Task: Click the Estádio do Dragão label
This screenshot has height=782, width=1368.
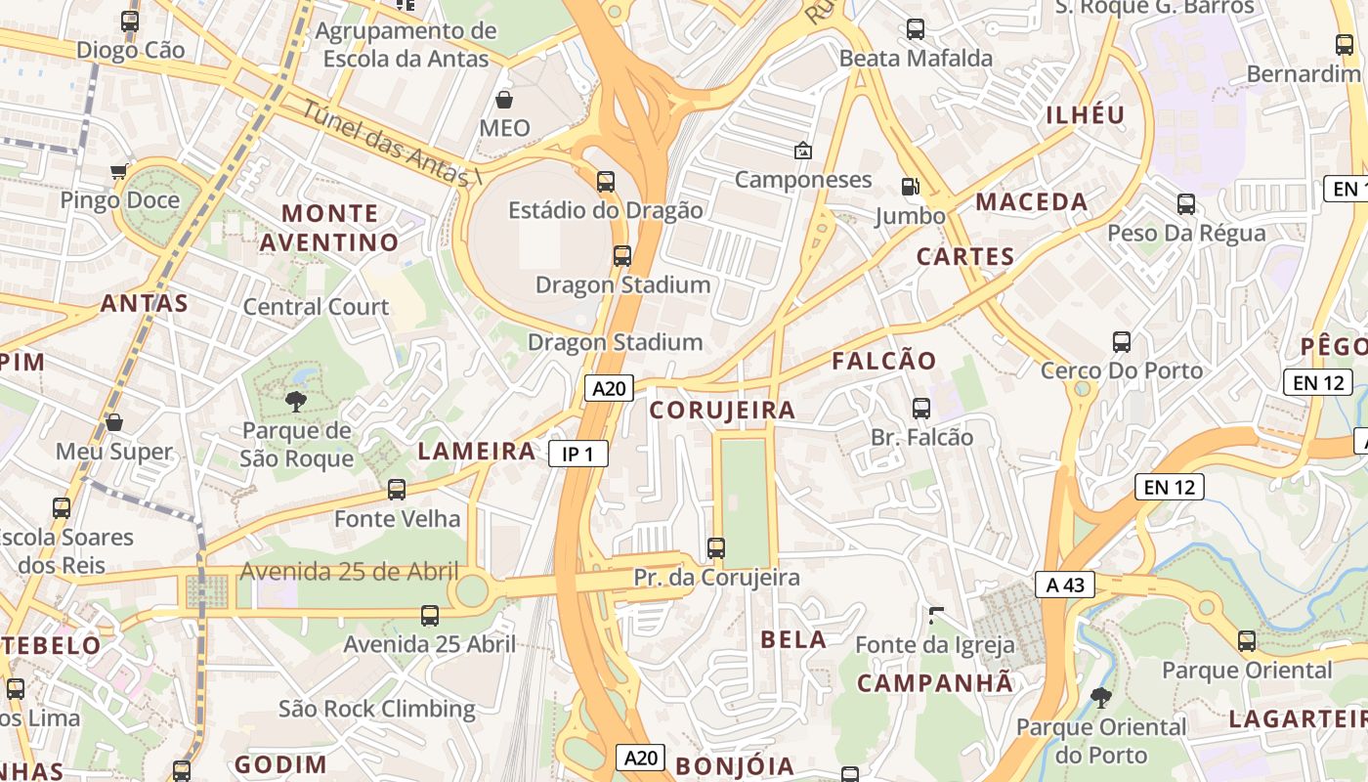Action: tap(606, 210)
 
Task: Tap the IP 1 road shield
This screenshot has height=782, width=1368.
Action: tap(578, 454)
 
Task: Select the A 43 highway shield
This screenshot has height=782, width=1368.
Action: tap(1065, 586)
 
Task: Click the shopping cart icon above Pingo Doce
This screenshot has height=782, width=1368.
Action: tap(119, 172)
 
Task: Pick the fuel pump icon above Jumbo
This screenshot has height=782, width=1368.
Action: tap(910, 187)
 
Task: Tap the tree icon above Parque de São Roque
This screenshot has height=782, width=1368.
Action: tap(296, 401)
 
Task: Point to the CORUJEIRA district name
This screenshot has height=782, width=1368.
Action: tap(723, 411)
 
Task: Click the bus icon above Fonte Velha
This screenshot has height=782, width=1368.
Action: tap(397, 490)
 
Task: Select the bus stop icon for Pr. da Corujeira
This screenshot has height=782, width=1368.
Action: tap(716, 548)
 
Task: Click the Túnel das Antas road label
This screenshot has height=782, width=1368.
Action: tap(391, 143)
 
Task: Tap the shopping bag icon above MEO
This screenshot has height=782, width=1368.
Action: tap(504, 100)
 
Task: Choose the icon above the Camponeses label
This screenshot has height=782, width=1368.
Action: tap(802, 151)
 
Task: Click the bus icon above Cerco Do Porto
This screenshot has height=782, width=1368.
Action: tap(1122, 342)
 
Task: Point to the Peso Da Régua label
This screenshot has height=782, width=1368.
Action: tap(1186, 234)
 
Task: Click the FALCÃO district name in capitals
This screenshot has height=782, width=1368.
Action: tap(884, 361)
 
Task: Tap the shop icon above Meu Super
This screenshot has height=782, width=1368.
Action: tap(114, 422)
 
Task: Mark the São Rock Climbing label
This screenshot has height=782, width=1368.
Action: tap(377, 709)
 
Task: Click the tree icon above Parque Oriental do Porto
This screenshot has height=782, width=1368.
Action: tap(1101, 698)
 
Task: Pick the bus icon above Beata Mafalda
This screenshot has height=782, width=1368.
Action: tap(916, 29)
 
